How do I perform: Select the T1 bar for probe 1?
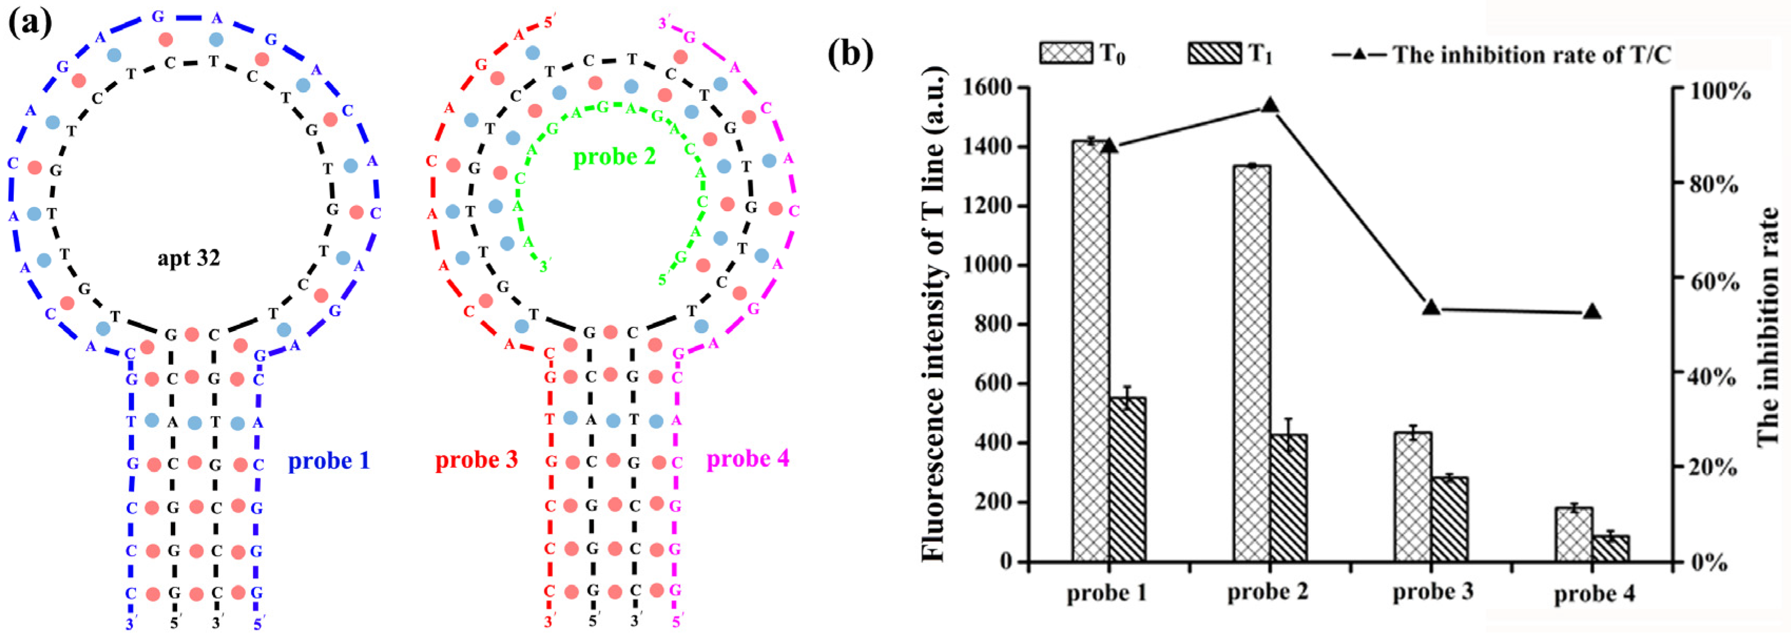pyautogui.click(x=1128, y=479)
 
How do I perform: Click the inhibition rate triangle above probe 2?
pyautogui.click(x=1270, y=105)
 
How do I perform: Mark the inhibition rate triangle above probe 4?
pyautogui.click(x=1592, y=311)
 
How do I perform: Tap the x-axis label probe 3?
pyautogui.click(x=1433, y=592)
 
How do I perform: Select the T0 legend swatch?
pyautogui.click(x=1065, y=53)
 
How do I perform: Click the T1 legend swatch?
pyautogui.click(x=1214, y=53)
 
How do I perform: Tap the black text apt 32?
pyautogui.click(x=188, y=258)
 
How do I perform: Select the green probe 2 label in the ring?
pyautogui.click(x=614, y=157)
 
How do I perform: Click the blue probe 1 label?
pyautogui.click(x=329, y=461)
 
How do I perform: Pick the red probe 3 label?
pyautogui.click(x=476, y=460)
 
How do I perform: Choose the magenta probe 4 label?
pyautogui.click(x=748, y=459)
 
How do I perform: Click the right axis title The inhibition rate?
pyautogui.click(x=1767, y=327)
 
